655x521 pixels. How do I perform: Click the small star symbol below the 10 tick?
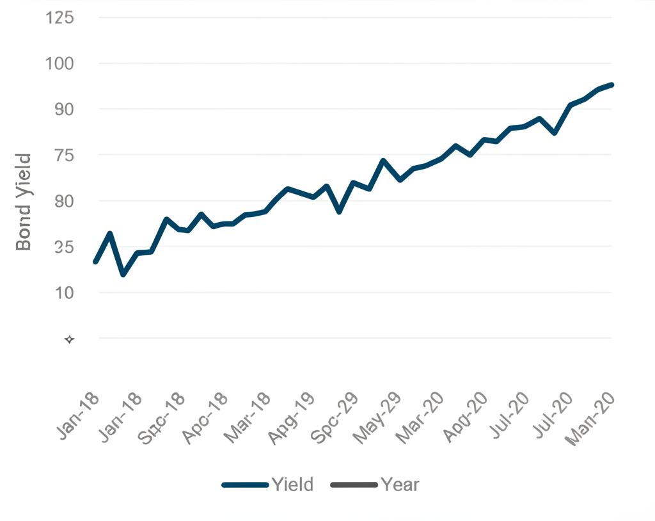click(69, 339)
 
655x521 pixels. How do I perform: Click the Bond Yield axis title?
click(24, 202)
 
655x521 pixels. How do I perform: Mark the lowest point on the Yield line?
click(123, 274)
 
